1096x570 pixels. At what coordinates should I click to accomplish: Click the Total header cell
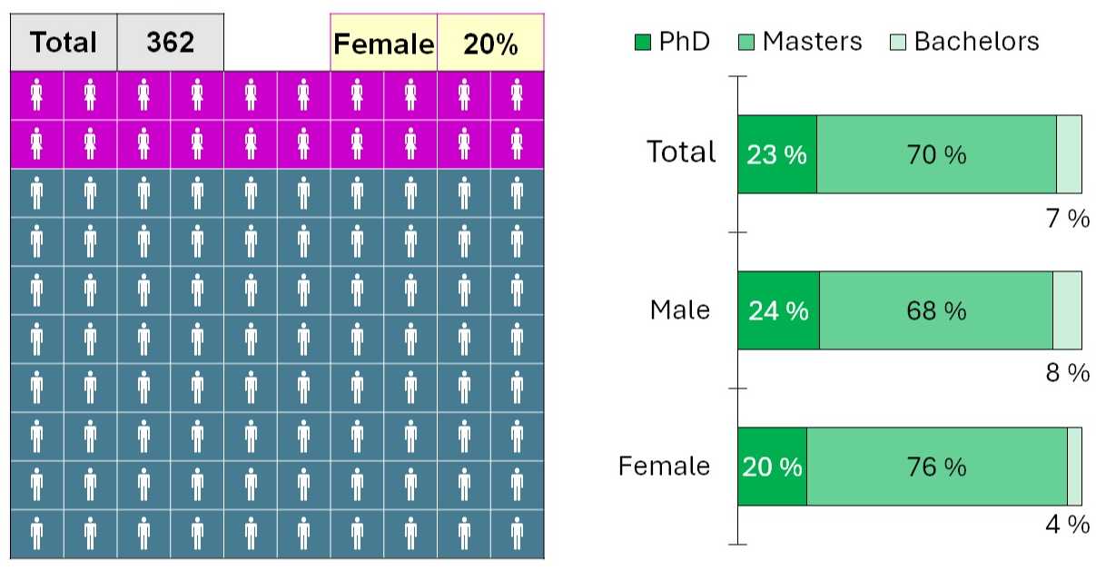64,43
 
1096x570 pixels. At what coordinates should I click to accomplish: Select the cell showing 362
171,43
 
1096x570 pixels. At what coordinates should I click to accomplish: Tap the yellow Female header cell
383,43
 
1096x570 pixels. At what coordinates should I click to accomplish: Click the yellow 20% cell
490,43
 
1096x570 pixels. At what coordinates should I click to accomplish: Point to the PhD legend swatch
643,42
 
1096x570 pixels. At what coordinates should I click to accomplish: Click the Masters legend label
812,41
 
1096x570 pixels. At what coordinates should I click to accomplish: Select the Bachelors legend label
976,41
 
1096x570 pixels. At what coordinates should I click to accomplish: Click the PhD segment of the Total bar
776,154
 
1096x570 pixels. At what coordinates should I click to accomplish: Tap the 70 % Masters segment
936,154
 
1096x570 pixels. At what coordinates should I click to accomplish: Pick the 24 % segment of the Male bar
778,310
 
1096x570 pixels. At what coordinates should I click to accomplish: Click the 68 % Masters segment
935,310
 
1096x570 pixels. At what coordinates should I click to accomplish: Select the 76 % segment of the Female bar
936,467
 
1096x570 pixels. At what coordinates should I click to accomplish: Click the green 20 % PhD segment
772,467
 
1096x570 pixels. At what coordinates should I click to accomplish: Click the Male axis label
680,310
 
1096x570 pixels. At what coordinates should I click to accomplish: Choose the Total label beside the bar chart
681,152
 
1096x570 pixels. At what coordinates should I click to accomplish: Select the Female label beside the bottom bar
665,467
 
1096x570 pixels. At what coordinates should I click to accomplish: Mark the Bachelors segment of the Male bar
1067,310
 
